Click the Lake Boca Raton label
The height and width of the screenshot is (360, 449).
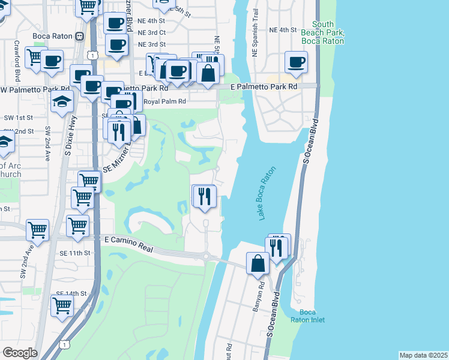pyautogui.click(x=270, y=193)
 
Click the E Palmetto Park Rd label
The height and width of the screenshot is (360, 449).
pyautogui.click(x=264, y=87)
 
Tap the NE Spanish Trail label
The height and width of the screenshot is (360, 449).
pyautogui.click(x=255, y=36)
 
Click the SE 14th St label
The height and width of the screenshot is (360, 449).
pyautogui.click(x=71, y=293)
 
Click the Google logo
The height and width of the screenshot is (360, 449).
pyautogui.click(x=20, y=352)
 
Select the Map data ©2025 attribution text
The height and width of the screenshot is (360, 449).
pyautogui.click(x=423, y=355)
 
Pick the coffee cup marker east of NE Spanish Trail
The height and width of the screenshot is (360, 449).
pyautogui.click(x=297, y=61)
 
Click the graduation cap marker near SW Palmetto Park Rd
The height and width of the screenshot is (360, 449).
pyautogui.click(x=62, y=102)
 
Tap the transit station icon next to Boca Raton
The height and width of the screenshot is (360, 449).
pyautogui.click(x=79, y=36)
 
